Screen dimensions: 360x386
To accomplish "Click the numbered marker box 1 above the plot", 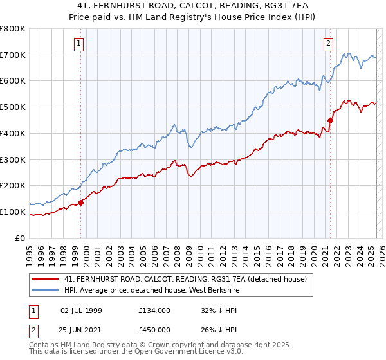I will (78, 44).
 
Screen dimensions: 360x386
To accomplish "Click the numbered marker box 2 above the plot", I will (328, 44).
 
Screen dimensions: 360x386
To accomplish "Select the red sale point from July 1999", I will (81, 203).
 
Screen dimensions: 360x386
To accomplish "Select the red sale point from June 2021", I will (331, 120).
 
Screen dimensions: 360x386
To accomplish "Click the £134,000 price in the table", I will (154, 310).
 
